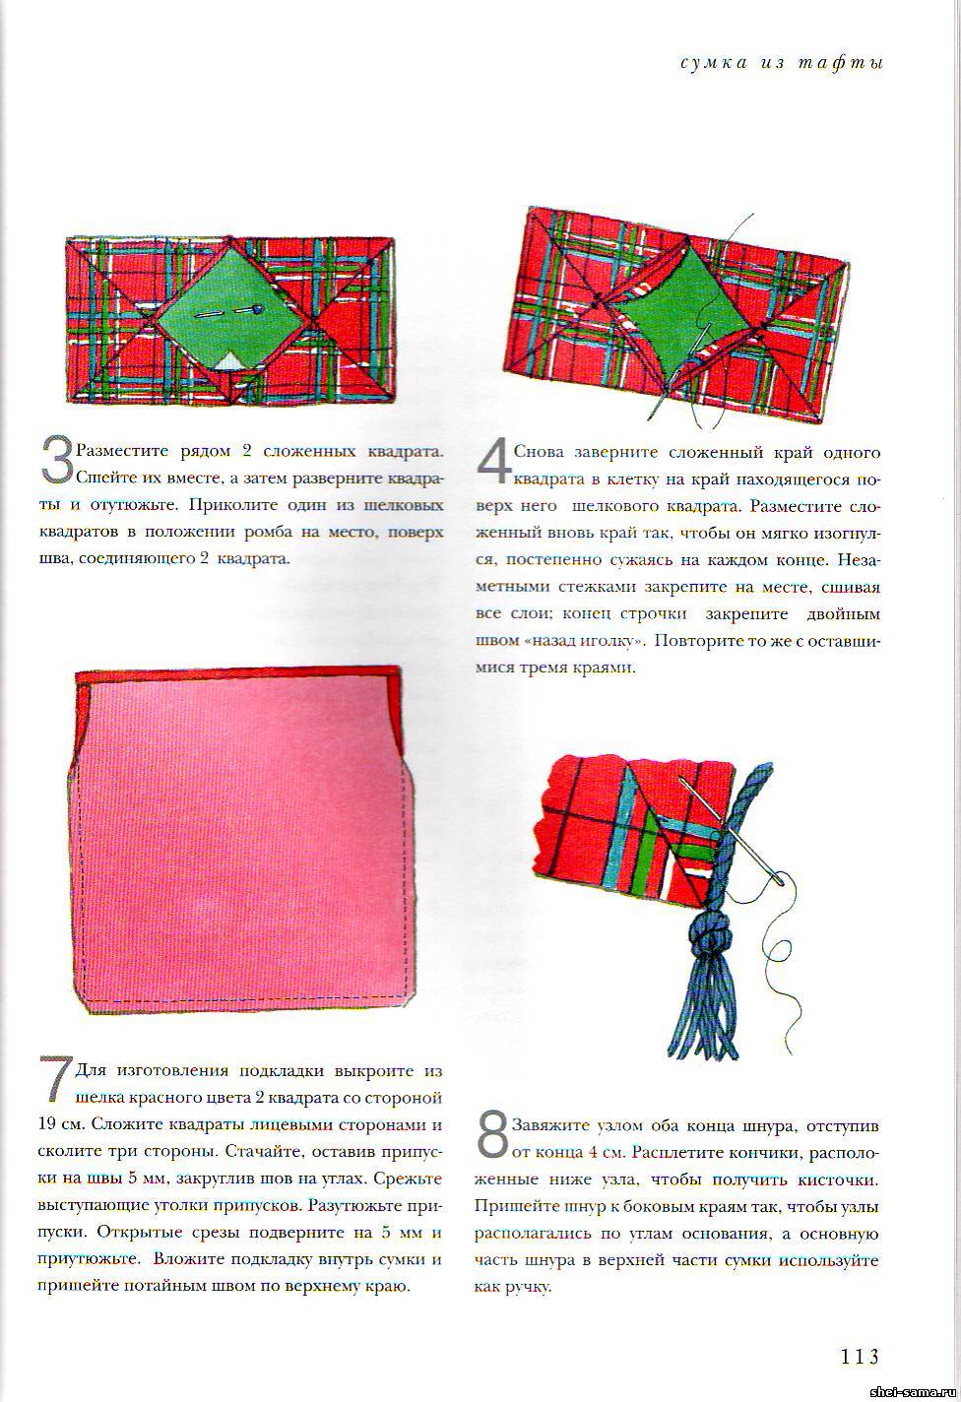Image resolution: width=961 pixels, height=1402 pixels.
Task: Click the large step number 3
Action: [x=57, y=461]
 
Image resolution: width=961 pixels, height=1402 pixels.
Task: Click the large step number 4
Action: [x=494, y=462]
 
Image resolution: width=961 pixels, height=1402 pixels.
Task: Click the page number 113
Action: [x=860, y=1353]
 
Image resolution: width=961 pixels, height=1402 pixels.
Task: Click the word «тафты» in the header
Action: [x=840, y=64]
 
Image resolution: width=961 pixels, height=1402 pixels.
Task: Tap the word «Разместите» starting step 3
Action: [x=122, y=451]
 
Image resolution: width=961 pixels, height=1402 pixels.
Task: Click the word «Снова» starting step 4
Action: [x=539, y=452]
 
